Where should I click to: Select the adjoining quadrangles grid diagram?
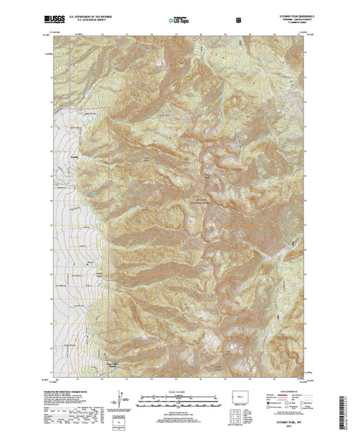[x=233, y=415]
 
